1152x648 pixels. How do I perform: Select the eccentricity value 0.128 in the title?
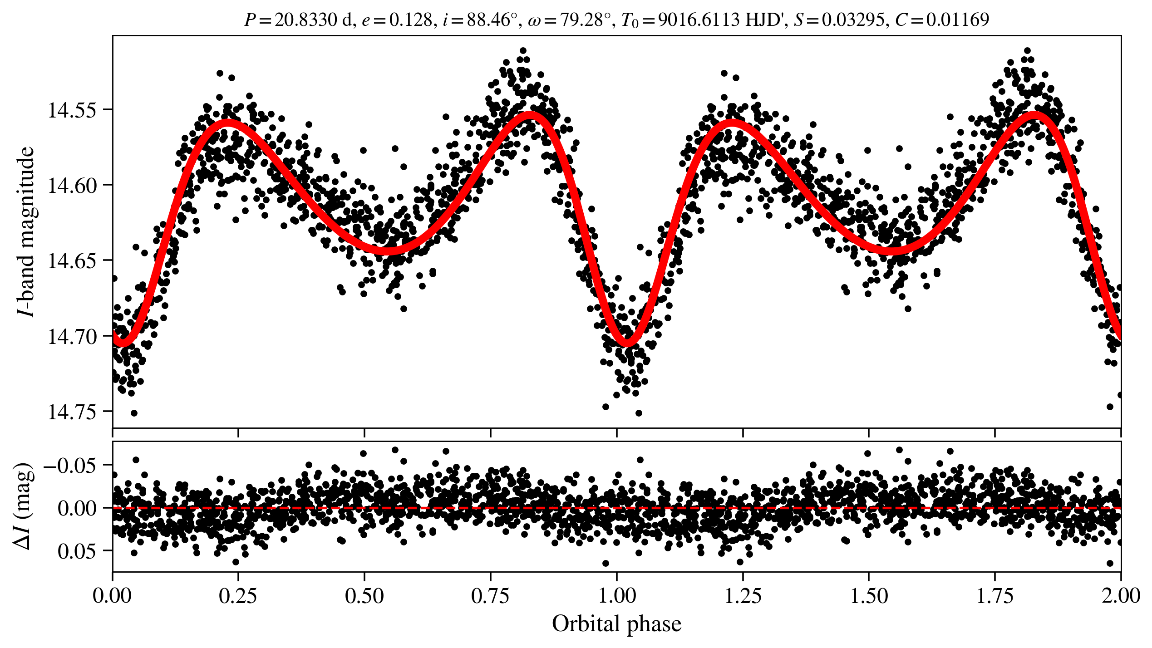click(x=410, y=20)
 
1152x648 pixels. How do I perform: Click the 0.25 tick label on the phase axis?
click(x=238, y=595)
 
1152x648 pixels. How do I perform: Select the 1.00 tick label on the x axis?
click(x=616, y=595)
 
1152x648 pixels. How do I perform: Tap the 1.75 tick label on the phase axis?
click(x=994, y=595)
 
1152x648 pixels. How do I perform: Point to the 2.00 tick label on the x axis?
click(x=1120, y=595)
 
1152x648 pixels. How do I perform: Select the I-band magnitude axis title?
click(x=25, y=231)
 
